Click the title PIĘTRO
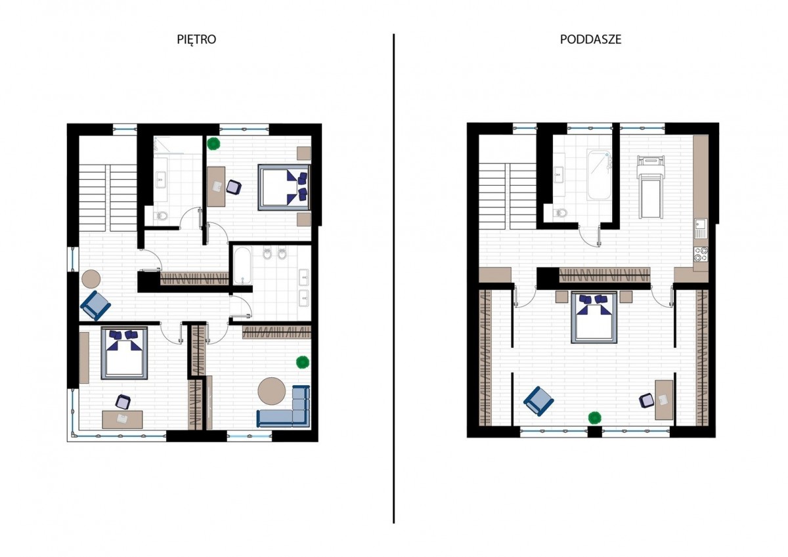click(196, 39)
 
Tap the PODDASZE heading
click(590, 39)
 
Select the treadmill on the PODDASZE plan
click(651, 187)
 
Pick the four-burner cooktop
click(701, 255)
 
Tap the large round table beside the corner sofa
click(272, 391)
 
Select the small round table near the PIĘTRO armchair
click(91, 279)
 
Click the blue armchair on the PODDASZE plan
click(538, 401)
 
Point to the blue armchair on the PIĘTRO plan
click(96, 306)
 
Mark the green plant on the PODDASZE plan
click(594, 417)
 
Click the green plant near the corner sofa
click(303, 362)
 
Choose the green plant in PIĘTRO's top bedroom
click(213, 144)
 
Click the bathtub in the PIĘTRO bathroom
click(242, 265)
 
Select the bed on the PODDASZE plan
click(594, 317)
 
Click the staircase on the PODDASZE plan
click(507, 196)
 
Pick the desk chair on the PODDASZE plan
click(646, 401)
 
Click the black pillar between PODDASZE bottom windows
click(594, 432)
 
